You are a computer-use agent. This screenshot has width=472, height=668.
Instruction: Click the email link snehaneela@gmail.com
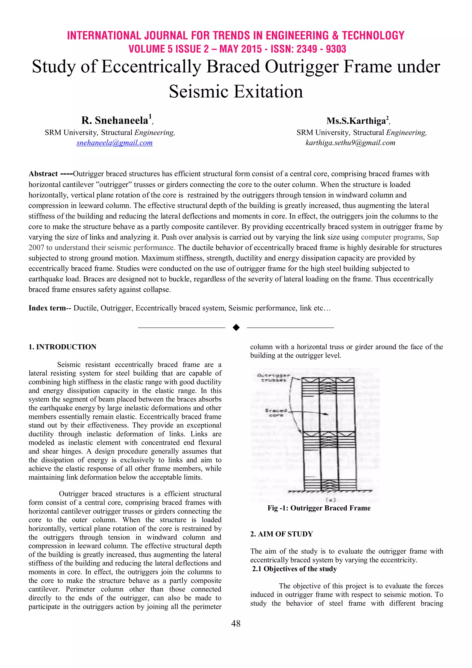[115, 143]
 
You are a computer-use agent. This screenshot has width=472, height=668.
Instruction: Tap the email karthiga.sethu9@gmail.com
[350, 143]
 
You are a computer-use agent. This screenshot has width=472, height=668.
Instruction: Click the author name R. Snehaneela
[115, 120]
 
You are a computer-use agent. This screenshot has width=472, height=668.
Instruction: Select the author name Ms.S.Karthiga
[356, 121]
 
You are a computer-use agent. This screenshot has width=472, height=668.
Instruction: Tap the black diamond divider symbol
[236, 328]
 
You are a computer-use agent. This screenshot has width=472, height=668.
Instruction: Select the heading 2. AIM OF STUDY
[281, 534]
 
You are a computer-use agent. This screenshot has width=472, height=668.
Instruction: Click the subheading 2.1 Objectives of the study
[294, 569]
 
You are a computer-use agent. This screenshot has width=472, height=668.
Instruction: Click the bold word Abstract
[43, 174]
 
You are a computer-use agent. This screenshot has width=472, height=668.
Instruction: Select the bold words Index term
[47, 308]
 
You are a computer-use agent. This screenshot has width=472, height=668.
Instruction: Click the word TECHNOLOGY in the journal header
[373, 36]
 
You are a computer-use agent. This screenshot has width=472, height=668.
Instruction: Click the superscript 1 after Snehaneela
[150, 116]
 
